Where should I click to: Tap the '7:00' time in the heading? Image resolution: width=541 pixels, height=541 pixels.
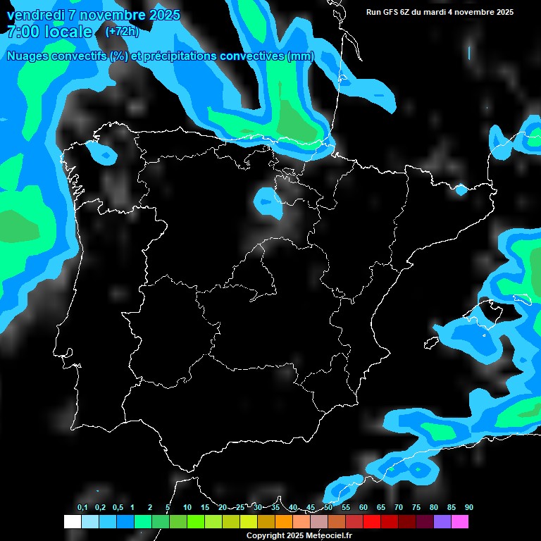[23, 31]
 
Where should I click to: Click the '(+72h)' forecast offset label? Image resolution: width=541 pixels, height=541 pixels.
[122, 31]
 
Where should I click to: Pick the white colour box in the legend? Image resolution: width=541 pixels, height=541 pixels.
[72, 522]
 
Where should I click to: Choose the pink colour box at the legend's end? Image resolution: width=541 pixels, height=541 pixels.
[459, 522]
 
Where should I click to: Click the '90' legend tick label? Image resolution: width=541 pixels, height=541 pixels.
[468, 508]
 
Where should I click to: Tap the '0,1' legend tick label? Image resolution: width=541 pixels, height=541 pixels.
[82, 508]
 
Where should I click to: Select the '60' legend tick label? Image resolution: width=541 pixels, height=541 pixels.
[363, 508]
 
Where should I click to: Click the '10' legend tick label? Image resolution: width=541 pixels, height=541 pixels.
[187, 508]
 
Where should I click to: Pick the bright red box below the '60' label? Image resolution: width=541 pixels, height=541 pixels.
[371, 522]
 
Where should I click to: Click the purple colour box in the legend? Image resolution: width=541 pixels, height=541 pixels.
[442, 522]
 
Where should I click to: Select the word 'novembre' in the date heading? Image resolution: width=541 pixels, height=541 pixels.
[109, 15]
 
